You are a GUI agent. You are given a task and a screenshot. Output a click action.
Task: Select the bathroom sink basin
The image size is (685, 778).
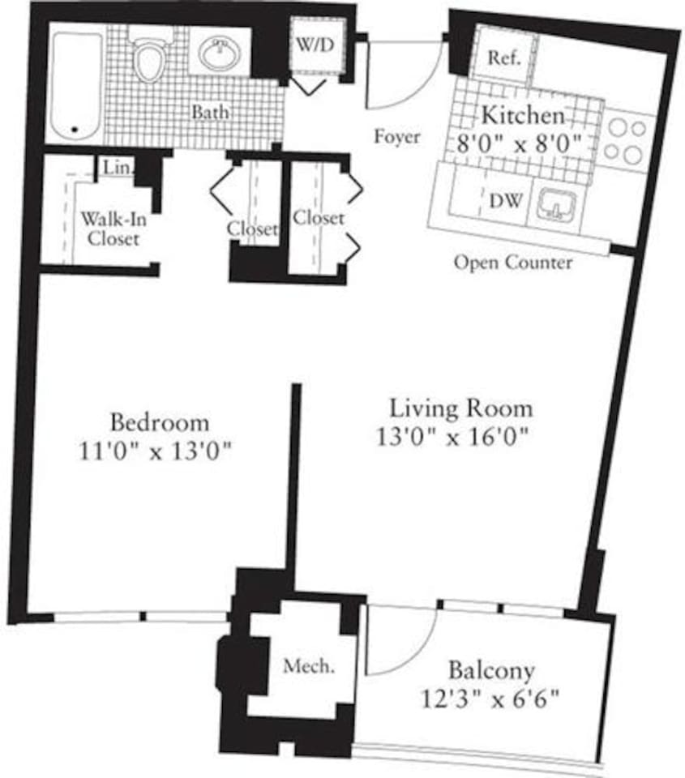[x=219, y=55]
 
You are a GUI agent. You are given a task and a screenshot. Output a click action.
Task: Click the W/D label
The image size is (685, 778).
[x=312, y=45]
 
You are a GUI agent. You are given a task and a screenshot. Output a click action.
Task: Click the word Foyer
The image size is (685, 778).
[x=396, y=137]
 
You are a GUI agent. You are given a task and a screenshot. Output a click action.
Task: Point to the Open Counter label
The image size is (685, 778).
[x=512, y=263]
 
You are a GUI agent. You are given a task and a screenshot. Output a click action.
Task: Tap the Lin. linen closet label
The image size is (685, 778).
[x=113, y=169]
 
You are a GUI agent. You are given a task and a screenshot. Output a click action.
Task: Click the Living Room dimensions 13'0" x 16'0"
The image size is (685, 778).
[x=453, y=437]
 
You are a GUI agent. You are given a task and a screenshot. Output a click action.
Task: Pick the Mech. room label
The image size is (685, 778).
[x=308, y=667]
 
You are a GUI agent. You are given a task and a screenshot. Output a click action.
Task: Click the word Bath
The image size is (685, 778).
[x=209, y=112]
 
